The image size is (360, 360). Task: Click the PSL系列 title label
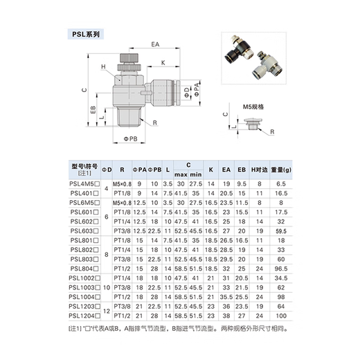pos(87,32)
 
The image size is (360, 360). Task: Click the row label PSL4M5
pos(85,183)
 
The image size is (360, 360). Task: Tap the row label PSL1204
pos(85,314)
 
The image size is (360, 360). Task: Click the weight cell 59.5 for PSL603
pos(281,230)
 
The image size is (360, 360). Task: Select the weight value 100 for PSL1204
pos(281,314)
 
